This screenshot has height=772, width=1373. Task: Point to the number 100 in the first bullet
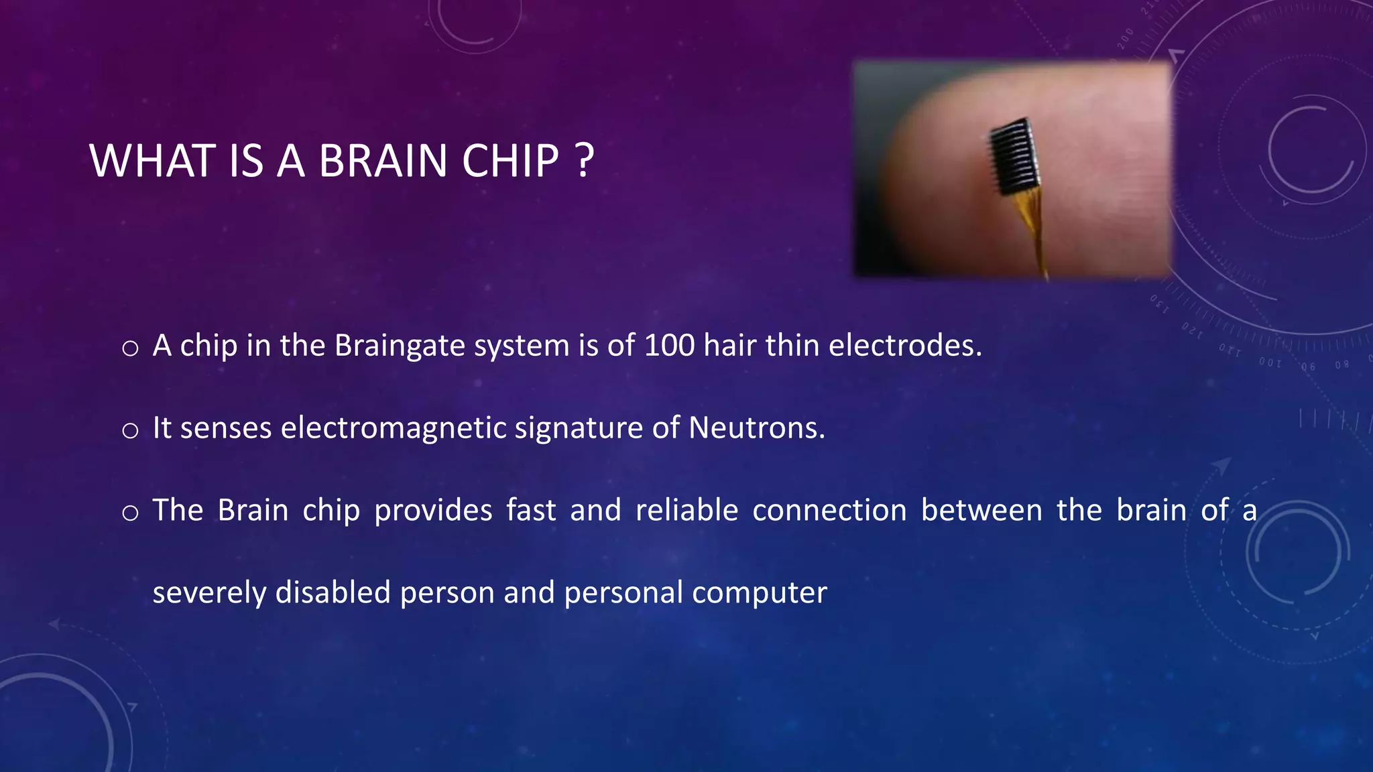(669, 346)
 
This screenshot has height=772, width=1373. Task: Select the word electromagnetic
(394, 428)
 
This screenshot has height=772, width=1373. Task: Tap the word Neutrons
(756, 428)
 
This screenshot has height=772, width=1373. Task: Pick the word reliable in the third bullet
(686, 510)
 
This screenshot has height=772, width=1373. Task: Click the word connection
(829, 510)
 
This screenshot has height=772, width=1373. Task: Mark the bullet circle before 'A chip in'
(130, 348)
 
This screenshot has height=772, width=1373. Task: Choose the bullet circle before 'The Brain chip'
(130, 513)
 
